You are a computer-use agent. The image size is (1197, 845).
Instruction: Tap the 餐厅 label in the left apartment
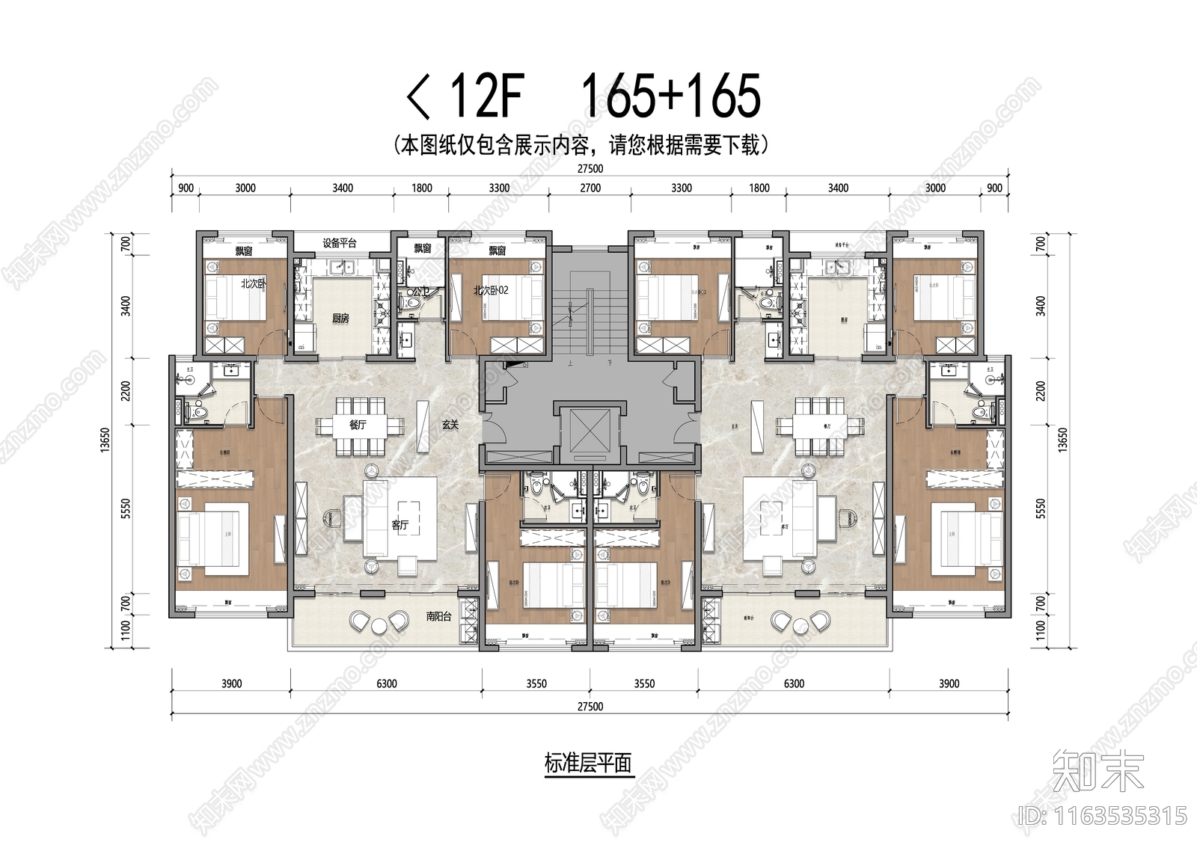pos(358,424)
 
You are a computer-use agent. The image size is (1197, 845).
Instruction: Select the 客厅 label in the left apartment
pos(400,525)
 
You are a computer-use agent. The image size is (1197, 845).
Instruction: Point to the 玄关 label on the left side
pos(450,424)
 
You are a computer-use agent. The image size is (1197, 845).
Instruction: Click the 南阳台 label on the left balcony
pos(440,617)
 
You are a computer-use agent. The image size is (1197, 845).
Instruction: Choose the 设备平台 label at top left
pos(340,243)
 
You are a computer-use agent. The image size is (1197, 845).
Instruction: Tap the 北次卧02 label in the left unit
pos(491,290)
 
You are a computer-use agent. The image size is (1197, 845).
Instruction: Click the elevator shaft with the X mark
pos(590,433)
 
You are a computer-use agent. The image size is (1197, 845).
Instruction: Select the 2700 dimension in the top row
pos(590,188)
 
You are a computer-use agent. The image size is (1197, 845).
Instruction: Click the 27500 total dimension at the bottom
pos(590,706)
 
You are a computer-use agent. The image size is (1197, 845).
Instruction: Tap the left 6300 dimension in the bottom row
pos(387,683)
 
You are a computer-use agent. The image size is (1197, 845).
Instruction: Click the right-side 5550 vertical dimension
pos(1041,508)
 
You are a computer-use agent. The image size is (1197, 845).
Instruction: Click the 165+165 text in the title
pos(670,97)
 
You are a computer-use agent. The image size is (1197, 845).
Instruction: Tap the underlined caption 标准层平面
pos(589,763)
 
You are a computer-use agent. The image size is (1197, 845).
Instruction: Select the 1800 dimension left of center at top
pos(422,188)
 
